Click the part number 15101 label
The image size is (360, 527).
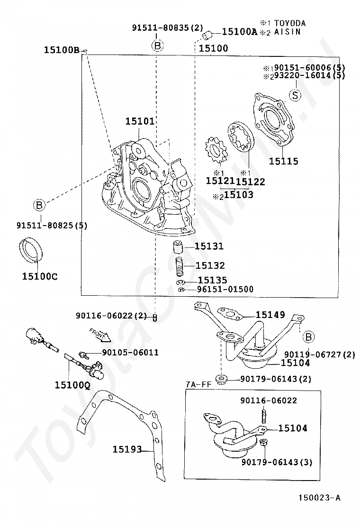[x=140, y=121]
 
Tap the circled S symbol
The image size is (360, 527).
[x=295, y=95]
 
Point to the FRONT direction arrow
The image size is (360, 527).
[x=100, y=334]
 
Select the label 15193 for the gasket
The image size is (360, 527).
[x=127, y=449]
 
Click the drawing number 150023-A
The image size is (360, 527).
[x=319, y=498]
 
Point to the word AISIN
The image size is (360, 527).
[x=287, y=32]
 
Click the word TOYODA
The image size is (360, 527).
[x=290, y=23]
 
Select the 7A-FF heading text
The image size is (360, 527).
[x=198, y=384]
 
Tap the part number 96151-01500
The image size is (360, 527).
[x=225, y=289]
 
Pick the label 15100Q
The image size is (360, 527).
[x=72, y=385]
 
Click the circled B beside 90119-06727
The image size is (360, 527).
[x=308, y=337]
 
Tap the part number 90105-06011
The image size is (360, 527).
[x=130, y=353]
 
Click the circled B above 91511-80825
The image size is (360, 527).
[x=39, y=205]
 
